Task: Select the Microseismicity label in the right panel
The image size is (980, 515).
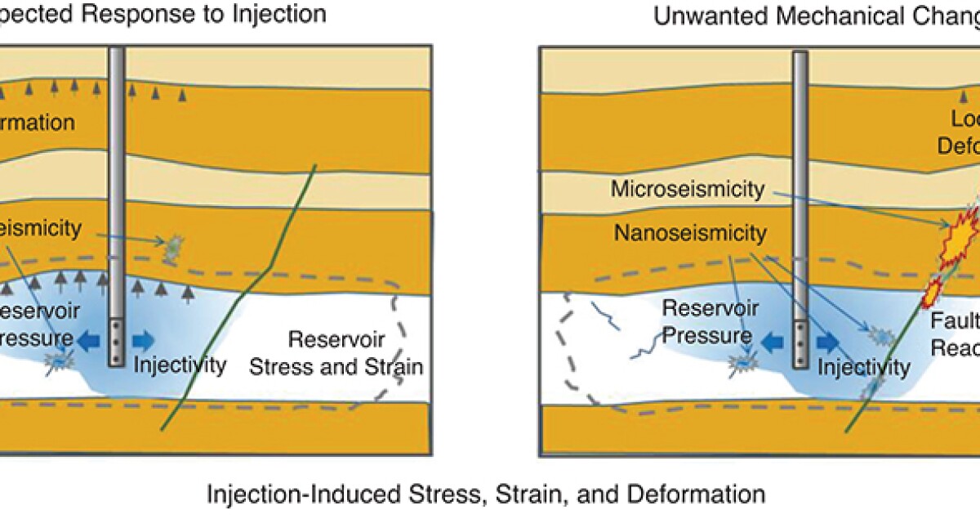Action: click(688, 190)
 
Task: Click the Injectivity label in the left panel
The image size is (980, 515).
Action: click(180, 365)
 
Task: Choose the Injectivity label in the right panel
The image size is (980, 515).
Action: click(862, 368)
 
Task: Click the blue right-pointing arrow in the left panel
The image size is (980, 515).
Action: click(144, 338)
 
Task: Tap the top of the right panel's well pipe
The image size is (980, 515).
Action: click(801, 56)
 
